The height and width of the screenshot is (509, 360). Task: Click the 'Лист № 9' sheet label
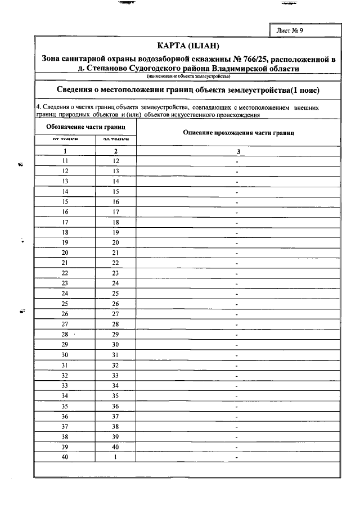tap(290, 30)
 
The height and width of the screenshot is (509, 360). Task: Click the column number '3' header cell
tap(238, 151)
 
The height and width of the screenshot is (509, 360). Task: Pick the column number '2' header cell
tap(116, 151)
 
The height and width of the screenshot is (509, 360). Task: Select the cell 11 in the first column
tap(65, 161)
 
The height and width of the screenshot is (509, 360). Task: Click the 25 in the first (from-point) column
tap(65, 304)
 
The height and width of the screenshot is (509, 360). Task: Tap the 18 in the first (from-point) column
tap(65, 232)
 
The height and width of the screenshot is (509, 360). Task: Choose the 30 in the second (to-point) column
tap(116, 344)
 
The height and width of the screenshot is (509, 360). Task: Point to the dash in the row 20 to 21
tap(238, 253)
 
